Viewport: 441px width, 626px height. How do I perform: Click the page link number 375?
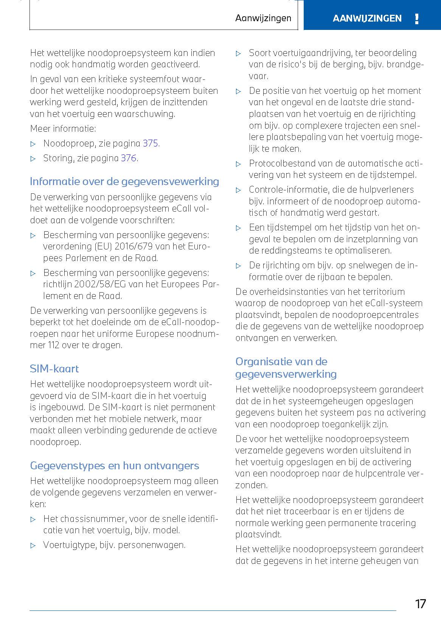pyautogui.click(x=150, y=143)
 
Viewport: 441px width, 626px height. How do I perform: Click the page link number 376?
pyautogui.click(x=129, y=158)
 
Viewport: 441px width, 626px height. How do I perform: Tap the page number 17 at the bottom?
pyautogui.click(x=420, y=604)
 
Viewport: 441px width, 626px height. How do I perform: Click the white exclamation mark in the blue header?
pyautogui.click(x=417, y=19)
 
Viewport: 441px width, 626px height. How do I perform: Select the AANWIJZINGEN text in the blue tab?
pyautogui.click(x=367, y=19)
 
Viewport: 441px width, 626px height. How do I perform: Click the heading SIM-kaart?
pyautogui.click(x=54, y=369)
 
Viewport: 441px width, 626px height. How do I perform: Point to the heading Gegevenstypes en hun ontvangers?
pyautogui.click(x=114, y=466)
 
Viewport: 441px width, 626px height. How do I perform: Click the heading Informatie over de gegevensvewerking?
pyautogui.click(x=124, y=182)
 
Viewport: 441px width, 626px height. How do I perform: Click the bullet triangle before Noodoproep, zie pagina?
pyautogui.click(x=33, y=144)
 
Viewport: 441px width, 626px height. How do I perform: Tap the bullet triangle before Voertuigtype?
pyautogui.click(x=33, y=545)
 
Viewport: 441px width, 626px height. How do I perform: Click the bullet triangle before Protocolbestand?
pyautogui.click(x=239, y=164)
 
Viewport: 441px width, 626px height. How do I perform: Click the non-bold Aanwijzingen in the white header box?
pyautogui.click(x=263, y=18)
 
